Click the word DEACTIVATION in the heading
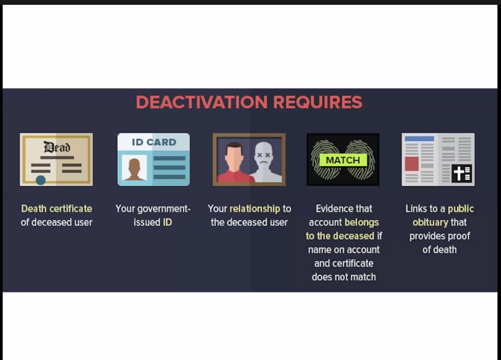pyautogui.click(x=201, y=102)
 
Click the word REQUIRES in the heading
pyautogui.click(x=318, y=102)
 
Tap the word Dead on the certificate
pyautogui.click(x=57, y=147)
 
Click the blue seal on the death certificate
pyautogui.click(x=41, y=180)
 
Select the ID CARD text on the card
pyautogui.click(x=154, y=142)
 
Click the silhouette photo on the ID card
pyautogui.click(x=134, y=168)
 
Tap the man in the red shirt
pyautogui.click(x=235, y=162)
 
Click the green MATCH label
pyautogui.click(x=343, y=160)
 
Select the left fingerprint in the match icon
pyautogui.click(x=325, y=159)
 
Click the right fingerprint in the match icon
pyautogui.click(x=360, y=159)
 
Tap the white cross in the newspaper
pyautogui.click(x=459, y=173)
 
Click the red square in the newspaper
pyautogui.click(x=412, y=164)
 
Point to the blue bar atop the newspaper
pyautogui.click(x=420, y=139)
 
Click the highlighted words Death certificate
pyautogui.click(x=56, y=208)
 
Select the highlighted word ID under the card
pyautogui.click(x=167, y=222)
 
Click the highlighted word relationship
pyautogui.click(x=254, y=208)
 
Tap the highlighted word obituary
pyautogui.click(x=430, y=222)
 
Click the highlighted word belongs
pyautogui.click(x=362, y=222)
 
